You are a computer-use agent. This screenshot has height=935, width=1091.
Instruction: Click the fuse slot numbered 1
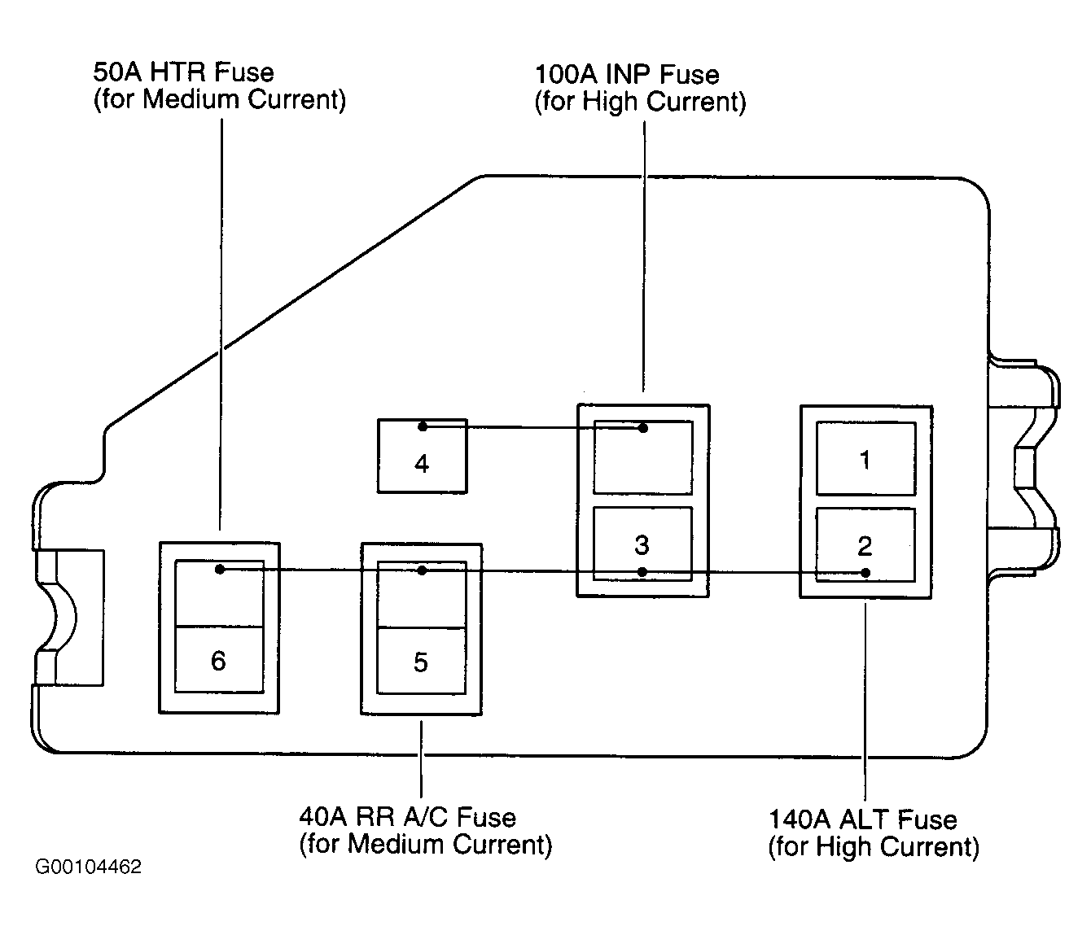click(x=865, y=458)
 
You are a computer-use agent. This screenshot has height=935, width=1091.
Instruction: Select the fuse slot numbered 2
click(x=865, y=545)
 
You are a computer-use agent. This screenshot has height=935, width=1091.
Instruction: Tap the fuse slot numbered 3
click(x=642, y=544)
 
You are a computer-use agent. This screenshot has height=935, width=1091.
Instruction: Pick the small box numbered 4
click(x=423, y=456)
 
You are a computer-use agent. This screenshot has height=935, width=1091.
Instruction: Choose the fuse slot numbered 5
click(x=421, y=661)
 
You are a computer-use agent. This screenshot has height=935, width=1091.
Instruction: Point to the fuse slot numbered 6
click(x=219, y=660)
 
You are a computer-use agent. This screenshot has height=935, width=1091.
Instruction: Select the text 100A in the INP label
click(x=566, y=74)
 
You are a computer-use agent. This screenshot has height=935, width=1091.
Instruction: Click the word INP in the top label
click(x=628, y=74)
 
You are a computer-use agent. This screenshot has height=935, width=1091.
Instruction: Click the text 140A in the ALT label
click(x=799, y=819)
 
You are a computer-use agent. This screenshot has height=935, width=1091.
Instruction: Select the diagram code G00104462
click(x=88, y=867)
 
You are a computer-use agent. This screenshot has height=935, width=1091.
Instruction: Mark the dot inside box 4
click(x=423, y=426)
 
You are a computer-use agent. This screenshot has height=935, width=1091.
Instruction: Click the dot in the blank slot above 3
click(x=643, y=428)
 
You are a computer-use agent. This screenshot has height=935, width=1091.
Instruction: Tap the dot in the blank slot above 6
click(x=220, y=570)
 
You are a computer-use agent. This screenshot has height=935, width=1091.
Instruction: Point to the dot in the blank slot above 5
click(x=422, y=570)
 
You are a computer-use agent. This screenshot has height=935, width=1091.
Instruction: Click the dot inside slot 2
click(x=865, y=573)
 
